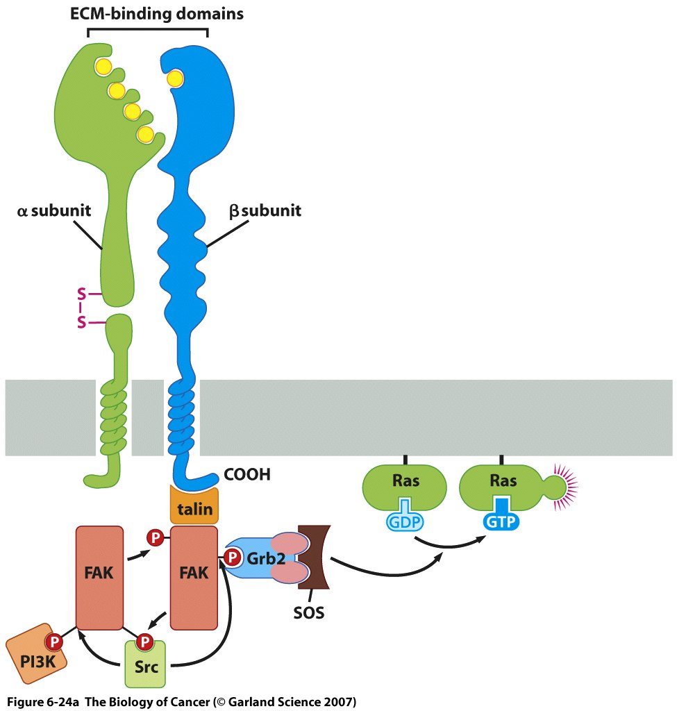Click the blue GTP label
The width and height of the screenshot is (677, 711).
pos(501,521)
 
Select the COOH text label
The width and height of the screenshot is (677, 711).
pos(246,475)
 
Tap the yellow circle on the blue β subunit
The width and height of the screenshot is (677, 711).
pos(175,78)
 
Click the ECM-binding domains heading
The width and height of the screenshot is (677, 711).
pos(147,12)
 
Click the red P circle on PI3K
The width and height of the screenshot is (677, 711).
pos(53,641)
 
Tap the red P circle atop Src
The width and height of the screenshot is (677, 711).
pos(144,639)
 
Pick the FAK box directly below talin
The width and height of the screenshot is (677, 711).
pos(194,574)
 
